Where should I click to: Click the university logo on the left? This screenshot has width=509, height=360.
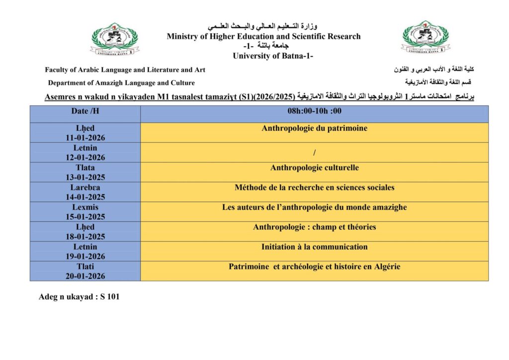(115, 39)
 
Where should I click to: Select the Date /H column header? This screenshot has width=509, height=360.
(85, 111)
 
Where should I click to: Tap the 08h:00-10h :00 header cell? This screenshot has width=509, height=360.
(314, 111)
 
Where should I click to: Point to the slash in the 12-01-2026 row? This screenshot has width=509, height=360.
(315, 152)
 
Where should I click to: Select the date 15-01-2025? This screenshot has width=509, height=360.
(85, 217)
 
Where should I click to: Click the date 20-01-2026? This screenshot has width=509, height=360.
(85, 276)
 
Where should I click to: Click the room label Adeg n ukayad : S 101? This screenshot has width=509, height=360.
(79, 297)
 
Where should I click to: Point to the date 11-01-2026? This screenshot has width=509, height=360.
(85, 138)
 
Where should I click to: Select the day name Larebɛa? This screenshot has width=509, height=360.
(85, 187)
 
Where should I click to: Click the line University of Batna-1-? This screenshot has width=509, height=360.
(273, 56)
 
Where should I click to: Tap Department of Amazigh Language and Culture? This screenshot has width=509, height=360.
(121, 83)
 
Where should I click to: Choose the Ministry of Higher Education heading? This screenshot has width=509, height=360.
(263, 36)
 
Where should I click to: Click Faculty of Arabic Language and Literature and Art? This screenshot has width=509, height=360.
(125, 70)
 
